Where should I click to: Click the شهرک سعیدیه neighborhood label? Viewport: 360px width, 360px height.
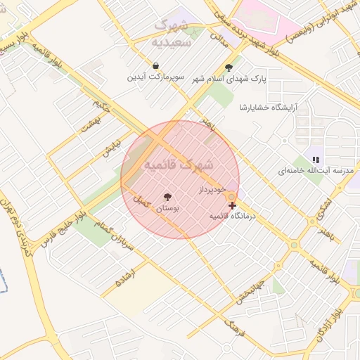pos(172,32)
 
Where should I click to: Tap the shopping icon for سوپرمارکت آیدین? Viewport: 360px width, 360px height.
pos(155,65)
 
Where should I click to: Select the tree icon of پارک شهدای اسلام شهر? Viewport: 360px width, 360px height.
pos(229,67)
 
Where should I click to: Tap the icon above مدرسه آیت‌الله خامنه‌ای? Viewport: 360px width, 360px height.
pos(316,160)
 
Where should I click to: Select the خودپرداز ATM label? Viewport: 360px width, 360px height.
pos(212,190)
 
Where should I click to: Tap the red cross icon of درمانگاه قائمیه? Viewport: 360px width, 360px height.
pos(233,205)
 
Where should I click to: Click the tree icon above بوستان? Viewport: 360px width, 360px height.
pos(167,197)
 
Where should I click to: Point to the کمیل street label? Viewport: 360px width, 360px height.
pos(142,202)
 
